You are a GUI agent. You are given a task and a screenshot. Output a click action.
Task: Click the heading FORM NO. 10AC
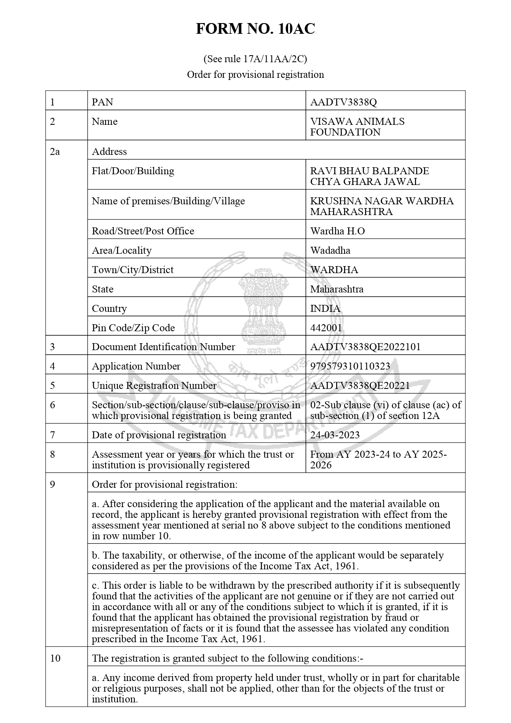(255, 29)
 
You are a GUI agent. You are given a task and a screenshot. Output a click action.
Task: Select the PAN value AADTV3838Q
(343, 102)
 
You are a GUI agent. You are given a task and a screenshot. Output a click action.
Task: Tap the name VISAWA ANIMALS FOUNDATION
(357, 127)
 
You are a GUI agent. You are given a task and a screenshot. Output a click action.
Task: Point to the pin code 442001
(326, 328)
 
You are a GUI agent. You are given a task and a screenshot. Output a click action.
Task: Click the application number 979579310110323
(350, 366)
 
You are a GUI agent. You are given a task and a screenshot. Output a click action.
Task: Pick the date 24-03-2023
(335, 435)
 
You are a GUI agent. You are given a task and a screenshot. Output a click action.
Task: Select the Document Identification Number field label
(163, 347)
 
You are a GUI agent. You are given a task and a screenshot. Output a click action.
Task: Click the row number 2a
(55, 152)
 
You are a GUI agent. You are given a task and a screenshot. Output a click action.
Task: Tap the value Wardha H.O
(337, 231)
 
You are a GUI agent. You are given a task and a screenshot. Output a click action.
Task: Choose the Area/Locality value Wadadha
(330, 250)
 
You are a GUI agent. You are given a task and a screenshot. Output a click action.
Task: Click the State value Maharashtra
(337, 289)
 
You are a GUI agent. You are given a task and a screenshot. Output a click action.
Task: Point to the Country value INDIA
(325, 309)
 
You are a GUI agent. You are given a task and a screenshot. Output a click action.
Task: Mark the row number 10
(55, 658)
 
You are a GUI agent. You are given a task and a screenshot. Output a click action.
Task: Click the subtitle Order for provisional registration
(255, 75)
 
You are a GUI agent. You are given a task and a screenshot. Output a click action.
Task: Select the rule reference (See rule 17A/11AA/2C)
(255, 59)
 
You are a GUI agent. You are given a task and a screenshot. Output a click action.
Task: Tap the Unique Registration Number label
(154, 386)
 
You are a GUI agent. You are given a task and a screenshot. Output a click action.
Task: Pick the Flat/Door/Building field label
(133, 171)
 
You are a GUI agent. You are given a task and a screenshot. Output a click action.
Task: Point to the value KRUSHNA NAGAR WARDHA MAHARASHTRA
(382, 206)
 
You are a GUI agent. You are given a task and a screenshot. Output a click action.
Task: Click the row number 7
(52, 435)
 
